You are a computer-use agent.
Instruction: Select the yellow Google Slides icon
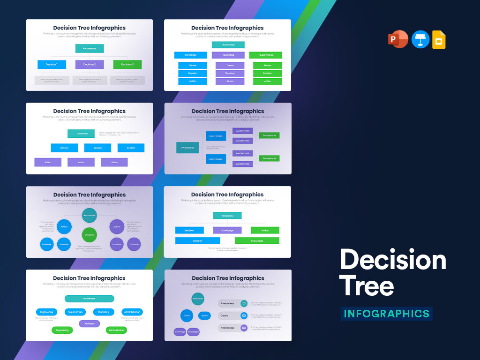(x=439, y=39)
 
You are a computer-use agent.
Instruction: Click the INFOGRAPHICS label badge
(x=386, y=314)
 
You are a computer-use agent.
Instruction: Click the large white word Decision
(x=393, y=260)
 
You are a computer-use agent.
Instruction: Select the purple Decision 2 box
(x=90, y=65)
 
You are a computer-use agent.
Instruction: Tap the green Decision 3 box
(x=127, y=65)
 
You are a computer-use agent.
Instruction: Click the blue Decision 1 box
(x=52, y=65)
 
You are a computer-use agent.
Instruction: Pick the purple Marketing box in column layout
(x=228, y=55)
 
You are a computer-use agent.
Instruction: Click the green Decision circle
(x=89, y=235)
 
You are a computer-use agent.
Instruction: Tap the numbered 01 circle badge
(x=244, y=303)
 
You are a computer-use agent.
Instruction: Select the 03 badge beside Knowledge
(x=244, y=328)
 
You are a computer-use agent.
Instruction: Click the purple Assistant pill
(x=89, y=323)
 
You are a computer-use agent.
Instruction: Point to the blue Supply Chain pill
(x=75, y=312)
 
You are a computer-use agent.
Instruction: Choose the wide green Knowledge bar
(x=257, y=241)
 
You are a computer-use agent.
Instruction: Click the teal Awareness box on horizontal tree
(x=187, y=148)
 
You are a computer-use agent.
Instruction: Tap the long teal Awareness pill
(x=89, y=299)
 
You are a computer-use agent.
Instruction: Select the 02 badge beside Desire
(x=244, y=315)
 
